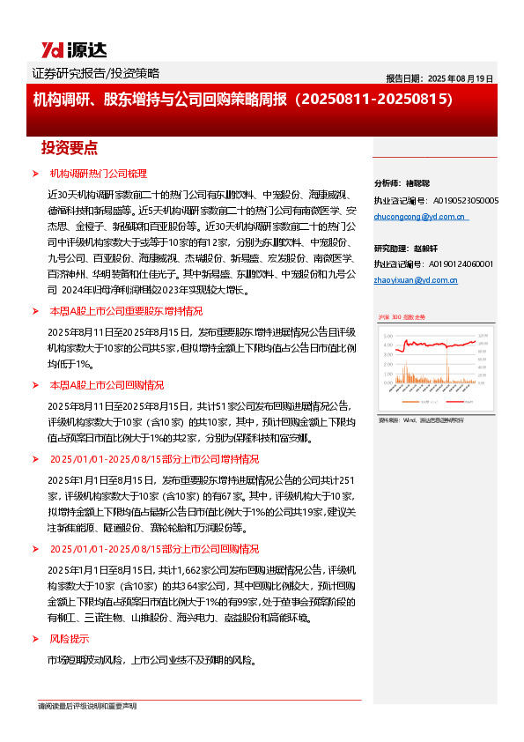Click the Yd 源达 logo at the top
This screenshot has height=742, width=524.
[x=65, y=48]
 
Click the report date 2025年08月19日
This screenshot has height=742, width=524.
[x=440, y=78]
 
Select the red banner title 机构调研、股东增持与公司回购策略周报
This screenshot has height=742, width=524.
[x=242, y=100]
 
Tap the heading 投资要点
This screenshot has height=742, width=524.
[x=70, y=147]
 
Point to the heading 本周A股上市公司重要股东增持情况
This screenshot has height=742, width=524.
[x=125, y=311]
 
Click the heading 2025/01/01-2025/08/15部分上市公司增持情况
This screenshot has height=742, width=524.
[x=153, y=459]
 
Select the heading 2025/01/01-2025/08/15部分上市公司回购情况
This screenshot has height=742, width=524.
[x=153, y=547]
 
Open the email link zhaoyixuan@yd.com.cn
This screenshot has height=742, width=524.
[x=415, y=280]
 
